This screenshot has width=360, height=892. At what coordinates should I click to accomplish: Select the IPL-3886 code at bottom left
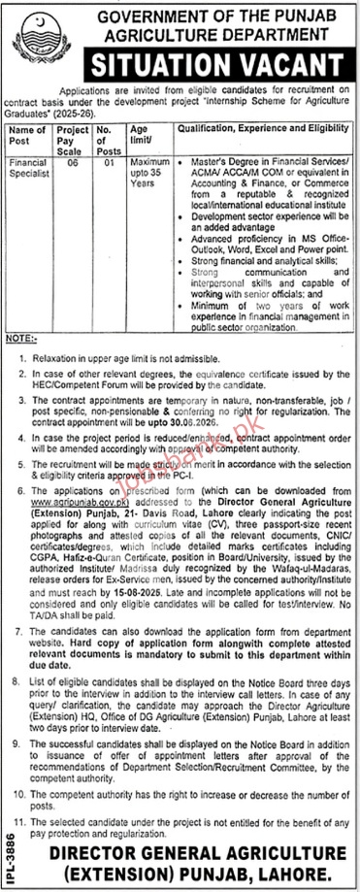[x=10, y=854]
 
